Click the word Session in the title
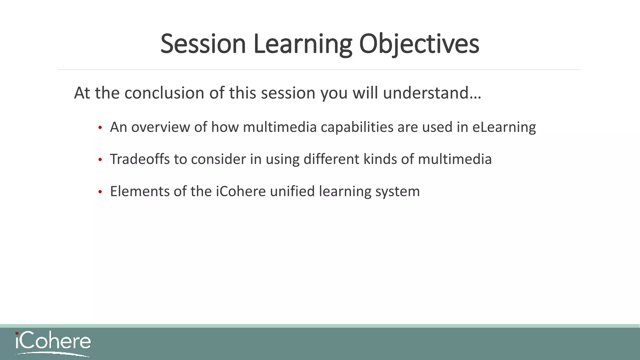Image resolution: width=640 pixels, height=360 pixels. tap(203, 44)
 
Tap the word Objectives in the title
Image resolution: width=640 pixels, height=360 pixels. tap(419, 44)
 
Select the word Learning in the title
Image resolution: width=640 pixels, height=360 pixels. tap(303, 44)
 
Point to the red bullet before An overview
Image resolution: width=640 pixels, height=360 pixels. tap(100, 128)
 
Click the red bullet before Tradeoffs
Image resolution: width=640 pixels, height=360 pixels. tap(100, 160)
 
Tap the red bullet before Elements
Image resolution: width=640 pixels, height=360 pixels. tap(100, 192)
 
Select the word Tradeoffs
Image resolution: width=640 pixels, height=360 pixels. tap(140, 159)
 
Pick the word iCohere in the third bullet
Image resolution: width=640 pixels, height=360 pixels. tap(241, 192)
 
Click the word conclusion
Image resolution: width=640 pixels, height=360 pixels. tap(164, 93)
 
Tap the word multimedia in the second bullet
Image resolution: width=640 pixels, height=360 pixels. tap(455, 159)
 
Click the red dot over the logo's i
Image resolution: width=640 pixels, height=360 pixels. tap(17, 333)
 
